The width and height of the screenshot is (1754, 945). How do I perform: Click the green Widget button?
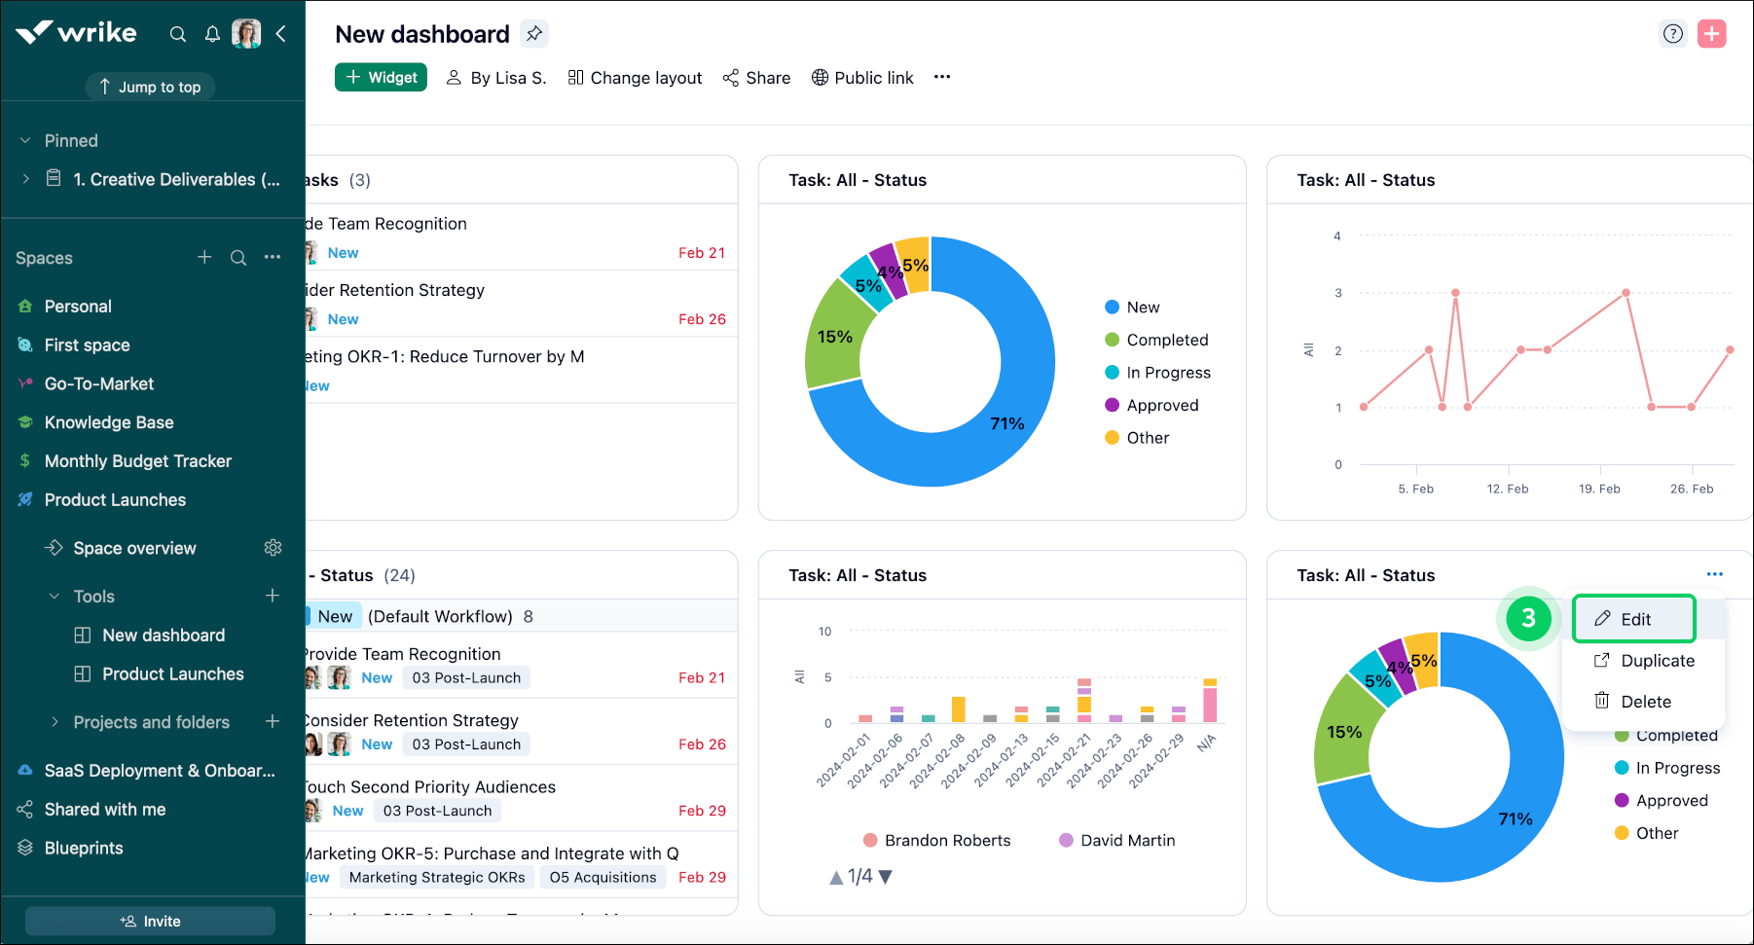click(x=381, y=77)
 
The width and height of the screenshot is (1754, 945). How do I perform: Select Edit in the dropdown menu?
click(x=1634, y=619)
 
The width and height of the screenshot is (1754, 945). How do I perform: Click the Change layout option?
click(x=635, y=78)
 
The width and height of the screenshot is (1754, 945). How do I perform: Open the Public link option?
click(x=862, y=78)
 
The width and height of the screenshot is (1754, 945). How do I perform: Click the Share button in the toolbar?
click(x=756, y=78)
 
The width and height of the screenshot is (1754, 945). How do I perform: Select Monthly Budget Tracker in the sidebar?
click(x=137, y=461)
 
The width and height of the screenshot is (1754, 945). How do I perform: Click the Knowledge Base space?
click(x=109, y=422)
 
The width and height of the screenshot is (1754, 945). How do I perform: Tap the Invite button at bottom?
click(x=150, y=921)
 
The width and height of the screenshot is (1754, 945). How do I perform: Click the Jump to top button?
click(x=150, y=87)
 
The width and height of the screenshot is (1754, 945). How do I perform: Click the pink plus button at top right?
click(x=1711, y=34)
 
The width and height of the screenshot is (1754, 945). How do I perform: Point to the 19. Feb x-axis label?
click(x=1599, y=489)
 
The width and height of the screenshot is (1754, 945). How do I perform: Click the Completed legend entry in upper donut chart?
click(x=1166, y=340)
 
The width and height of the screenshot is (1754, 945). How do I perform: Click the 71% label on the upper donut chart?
click(x=1006, y=423)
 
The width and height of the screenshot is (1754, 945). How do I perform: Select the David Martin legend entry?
click(x=1126, y=840)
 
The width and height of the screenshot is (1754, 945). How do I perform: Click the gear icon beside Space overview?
click(x=273, y=548)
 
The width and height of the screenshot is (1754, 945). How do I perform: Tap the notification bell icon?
click(x=212, y=34)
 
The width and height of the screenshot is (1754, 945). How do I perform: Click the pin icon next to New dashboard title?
click(x=533, y=34)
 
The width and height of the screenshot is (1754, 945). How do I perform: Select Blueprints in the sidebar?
click(x=84, y=848)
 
